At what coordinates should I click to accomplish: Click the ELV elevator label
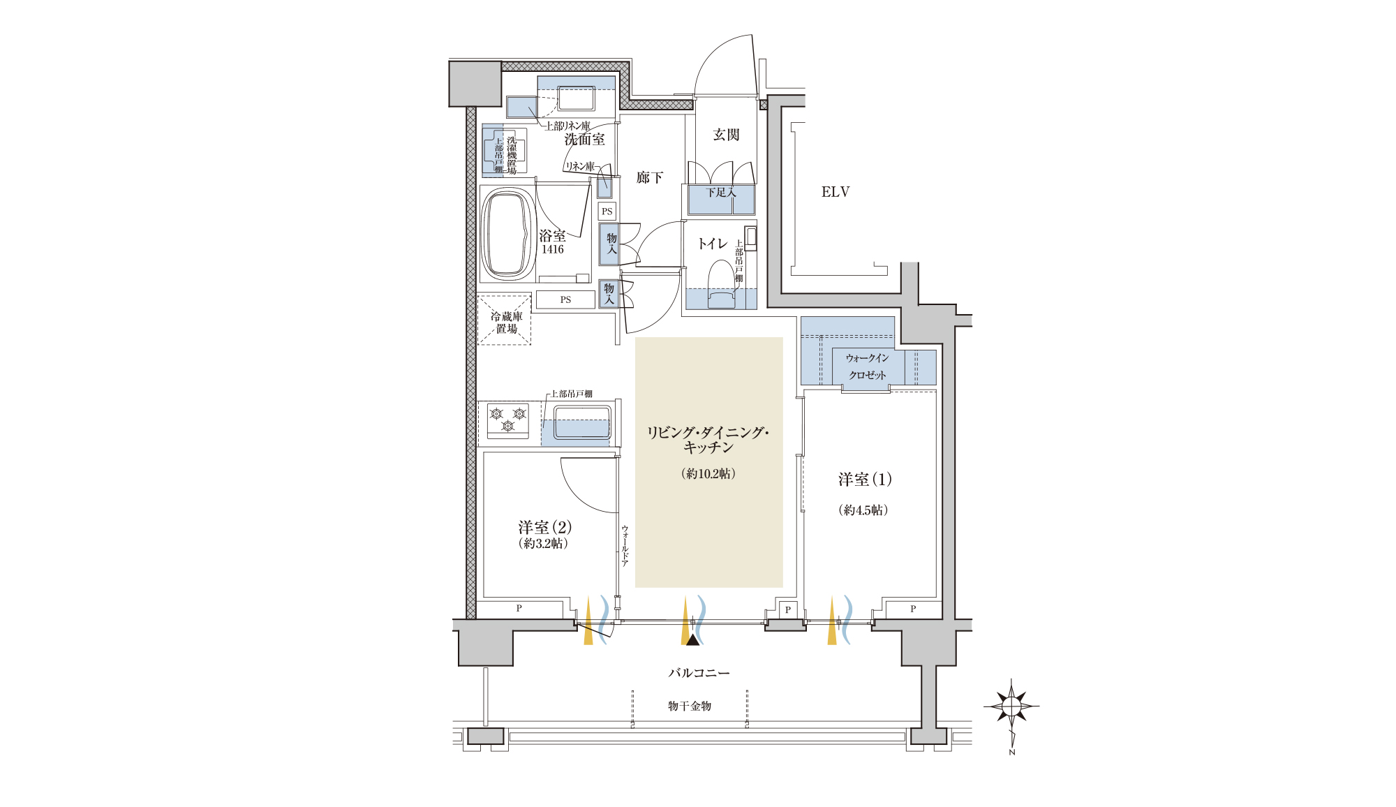(x=836, y=192)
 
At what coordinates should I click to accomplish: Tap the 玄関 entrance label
(x=726, y=135)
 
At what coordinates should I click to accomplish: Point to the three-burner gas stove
(x=508, y=420)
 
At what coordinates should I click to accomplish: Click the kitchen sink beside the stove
(x=582, y=423)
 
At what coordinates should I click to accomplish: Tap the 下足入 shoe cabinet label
(x=720, y=192)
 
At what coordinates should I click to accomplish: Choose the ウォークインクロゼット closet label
(x=868, y=367)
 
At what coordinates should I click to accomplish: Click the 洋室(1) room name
(x=865, y=480)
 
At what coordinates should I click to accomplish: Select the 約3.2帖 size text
(x=543, y=544)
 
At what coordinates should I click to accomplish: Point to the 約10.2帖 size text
(x=708, y=474)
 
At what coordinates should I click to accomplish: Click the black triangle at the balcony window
(x=692, y=639)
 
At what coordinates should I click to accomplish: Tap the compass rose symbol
(x=1011, y=706)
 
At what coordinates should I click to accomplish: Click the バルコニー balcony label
(x=699, y=673)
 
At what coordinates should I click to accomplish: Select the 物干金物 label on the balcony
(x=690, y=706)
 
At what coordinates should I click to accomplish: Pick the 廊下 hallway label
(x=650, y=178)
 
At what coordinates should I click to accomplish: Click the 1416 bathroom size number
(x=552, y=249)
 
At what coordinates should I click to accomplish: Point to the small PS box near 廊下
(x=607, y=212)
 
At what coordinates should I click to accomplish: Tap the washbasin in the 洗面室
(x=576, y=98)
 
